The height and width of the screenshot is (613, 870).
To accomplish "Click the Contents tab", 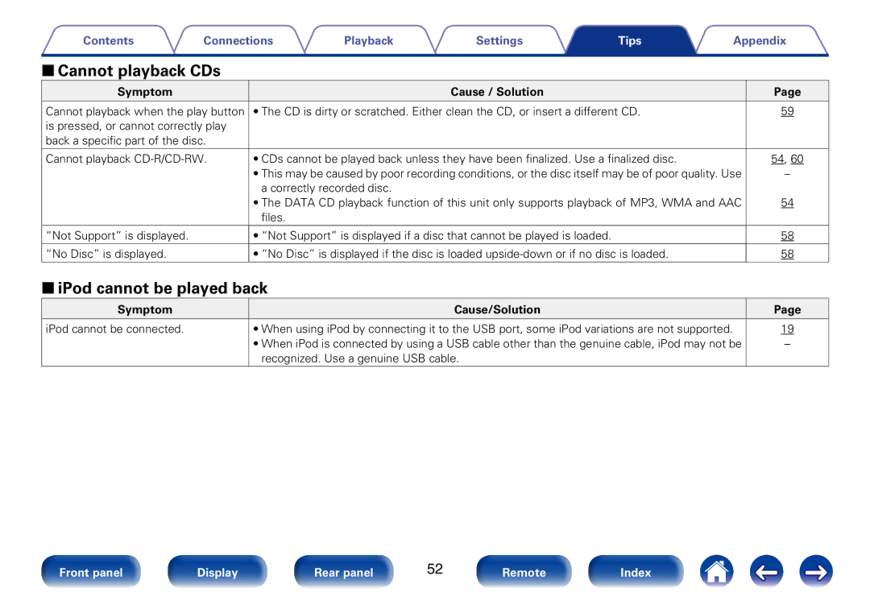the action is tap(108, 40).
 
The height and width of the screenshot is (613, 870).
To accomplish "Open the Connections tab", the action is tap(238, 40).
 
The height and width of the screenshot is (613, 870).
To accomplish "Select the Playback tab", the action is tap(368, 40).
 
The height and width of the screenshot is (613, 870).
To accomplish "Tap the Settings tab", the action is tap(499, 40).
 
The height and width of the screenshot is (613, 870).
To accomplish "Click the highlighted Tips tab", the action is tap(630, 40).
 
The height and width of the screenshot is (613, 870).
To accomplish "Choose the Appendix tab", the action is tap(760, 40).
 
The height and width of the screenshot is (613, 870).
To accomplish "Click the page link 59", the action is tap(787, 111).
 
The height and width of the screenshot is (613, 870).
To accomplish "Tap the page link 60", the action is tap(797, 159).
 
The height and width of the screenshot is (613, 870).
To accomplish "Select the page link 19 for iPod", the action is tap(787, 329).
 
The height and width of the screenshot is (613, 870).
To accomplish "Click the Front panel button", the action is tap(91, 571).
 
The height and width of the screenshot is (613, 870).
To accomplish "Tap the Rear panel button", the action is tap(343, 571).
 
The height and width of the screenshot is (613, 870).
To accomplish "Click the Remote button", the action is tap(524, 571).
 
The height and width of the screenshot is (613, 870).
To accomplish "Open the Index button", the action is tap(636, 571).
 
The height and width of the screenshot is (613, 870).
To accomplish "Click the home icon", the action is tap(716, 571).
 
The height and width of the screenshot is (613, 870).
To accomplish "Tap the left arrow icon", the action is tap(766, 571).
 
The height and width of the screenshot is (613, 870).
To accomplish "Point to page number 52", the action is tap(435, 570).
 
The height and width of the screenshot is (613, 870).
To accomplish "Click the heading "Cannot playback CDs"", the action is tap(139, 71).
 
